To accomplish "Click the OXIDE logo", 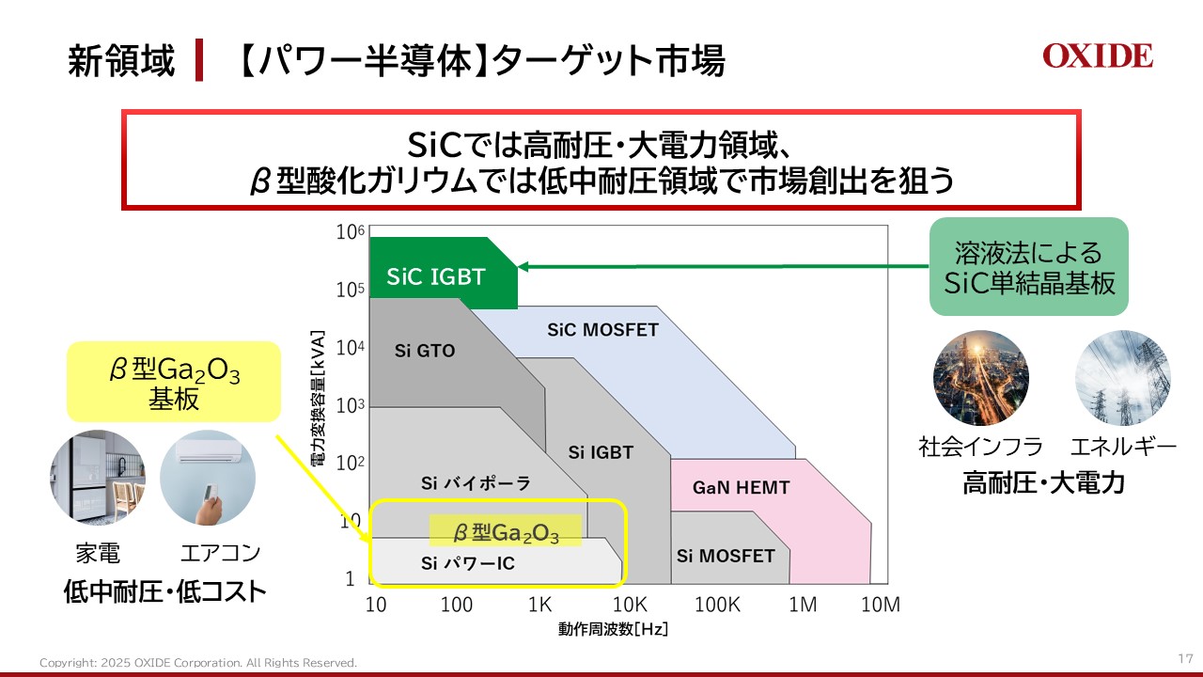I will [x=1097, y=56].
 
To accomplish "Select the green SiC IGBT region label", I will [x=436, y=276].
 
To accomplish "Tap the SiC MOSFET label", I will [x=602, y=330].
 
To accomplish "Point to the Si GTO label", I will [x=425, y=351].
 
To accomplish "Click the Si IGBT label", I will [x=601, y=452].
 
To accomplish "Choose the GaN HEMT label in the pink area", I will [x=741, y=488].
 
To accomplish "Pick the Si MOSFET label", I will [x=726, y=556].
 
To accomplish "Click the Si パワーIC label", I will [x=468, y=563].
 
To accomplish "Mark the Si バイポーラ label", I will [x=476, y=483].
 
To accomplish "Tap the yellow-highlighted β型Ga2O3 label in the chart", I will [x=506, y=533].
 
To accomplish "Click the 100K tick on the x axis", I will [x=717, y=605].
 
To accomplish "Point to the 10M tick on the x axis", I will [x=881, y=605].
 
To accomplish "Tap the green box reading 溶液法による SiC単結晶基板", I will [x=1028, y=267].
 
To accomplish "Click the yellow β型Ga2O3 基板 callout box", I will [x=174, y=382].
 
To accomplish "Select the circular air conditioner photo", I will [x=208, y=478].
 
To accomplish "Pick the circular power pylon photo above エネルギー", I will [x=1122, y=378].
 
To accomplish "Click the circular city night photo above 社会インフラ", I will [x=980, y=378].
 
